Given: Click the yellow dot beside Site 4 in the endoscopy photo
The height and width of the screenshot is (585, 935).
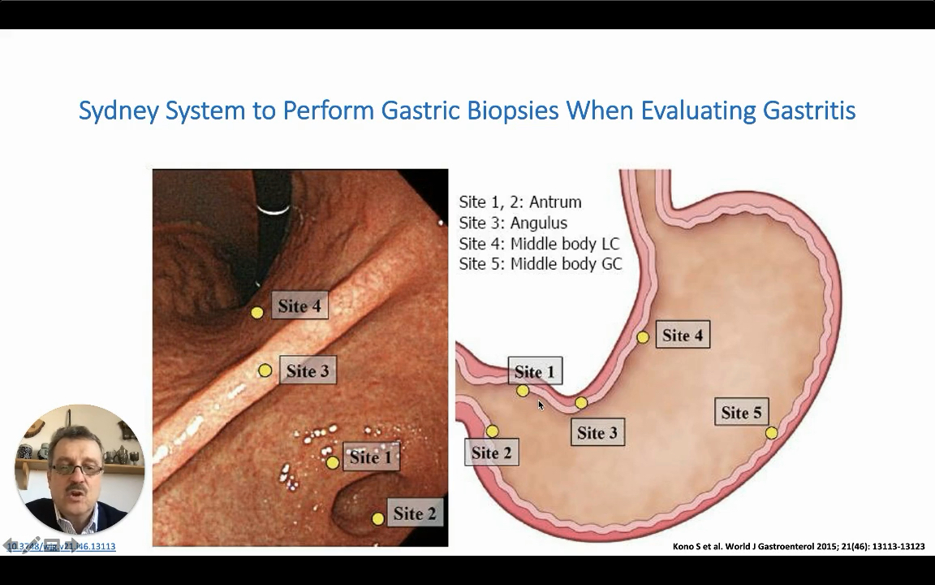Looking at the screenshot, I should [x=256, y=313].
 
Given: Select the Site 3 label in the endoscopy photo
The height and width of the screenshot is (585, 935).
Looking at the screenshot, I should [x=308, y=371].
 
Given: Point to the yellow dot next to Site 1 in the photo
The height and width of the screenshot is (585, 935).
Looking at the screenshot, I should [x=332, y=462].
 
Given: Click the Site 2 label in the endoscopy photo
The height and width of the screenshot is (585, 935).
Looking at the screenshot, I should [x=415, y=513].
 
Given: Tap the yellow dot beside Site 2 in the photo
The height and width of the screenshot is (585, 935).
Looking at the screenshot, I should [x=377, y=518].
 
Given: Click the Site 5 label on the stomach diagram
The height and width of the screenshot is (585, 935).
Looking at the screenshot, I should [x=742, y=413].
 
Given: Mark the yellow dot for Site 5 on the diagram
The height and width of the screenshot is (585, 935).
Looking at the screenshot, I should [x=771, y=433].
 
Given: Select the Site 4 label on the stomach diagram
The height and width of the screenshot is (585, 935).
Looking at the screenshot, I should [x=682, y=336].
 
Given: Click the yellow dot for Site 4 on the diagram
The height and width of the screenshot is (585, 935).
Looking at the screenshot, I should [x=643, y=337].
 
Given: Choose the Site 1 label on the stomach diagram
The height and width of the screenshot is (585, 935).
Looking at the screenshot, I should [x=534, y=372].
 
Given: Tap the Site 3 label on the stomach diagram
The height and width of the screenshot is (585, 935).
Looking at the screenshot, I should [x=597, y=433].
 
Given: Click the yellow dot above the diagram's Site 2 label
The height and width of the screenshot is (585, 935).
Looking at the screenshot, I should [x=492, y=431].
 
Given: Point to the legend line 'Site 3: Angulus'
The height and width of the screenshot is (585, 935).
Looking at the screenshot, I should [x=513, y=223].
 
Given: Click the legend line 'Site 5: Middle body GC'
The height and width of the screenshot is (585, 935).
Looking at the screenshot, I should [x=541, y=264].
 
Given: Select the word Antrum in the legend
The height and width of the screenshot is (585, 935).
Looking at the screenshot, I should [x=555, y=202].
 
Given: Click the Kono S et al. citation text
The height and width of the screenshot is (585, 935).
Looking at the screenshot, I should [x=799, y=546].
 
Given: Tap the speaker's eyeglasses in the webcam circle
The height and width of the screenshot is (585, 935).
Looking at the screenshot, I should [x=78, y=469].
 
